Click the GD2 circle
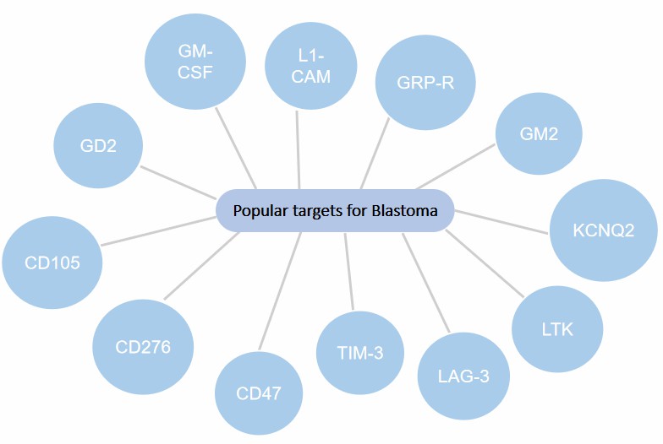[97, 145]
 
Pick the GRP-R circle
[425, 83]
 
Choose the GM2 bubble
[539, 133]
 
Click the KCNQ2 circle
[603, 230]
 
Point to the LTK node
[556, 328]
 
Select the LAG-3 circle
[464, 376]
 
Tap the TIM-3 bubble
[360, 353]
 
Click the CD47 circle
[258, 393]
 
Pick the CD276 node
[143, 347]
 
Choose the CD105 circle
[52, 263]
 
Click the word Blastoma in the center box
[404, 211]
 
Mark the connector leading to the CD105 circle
[158, 231]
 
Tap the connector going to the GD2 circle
[178, 181]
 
